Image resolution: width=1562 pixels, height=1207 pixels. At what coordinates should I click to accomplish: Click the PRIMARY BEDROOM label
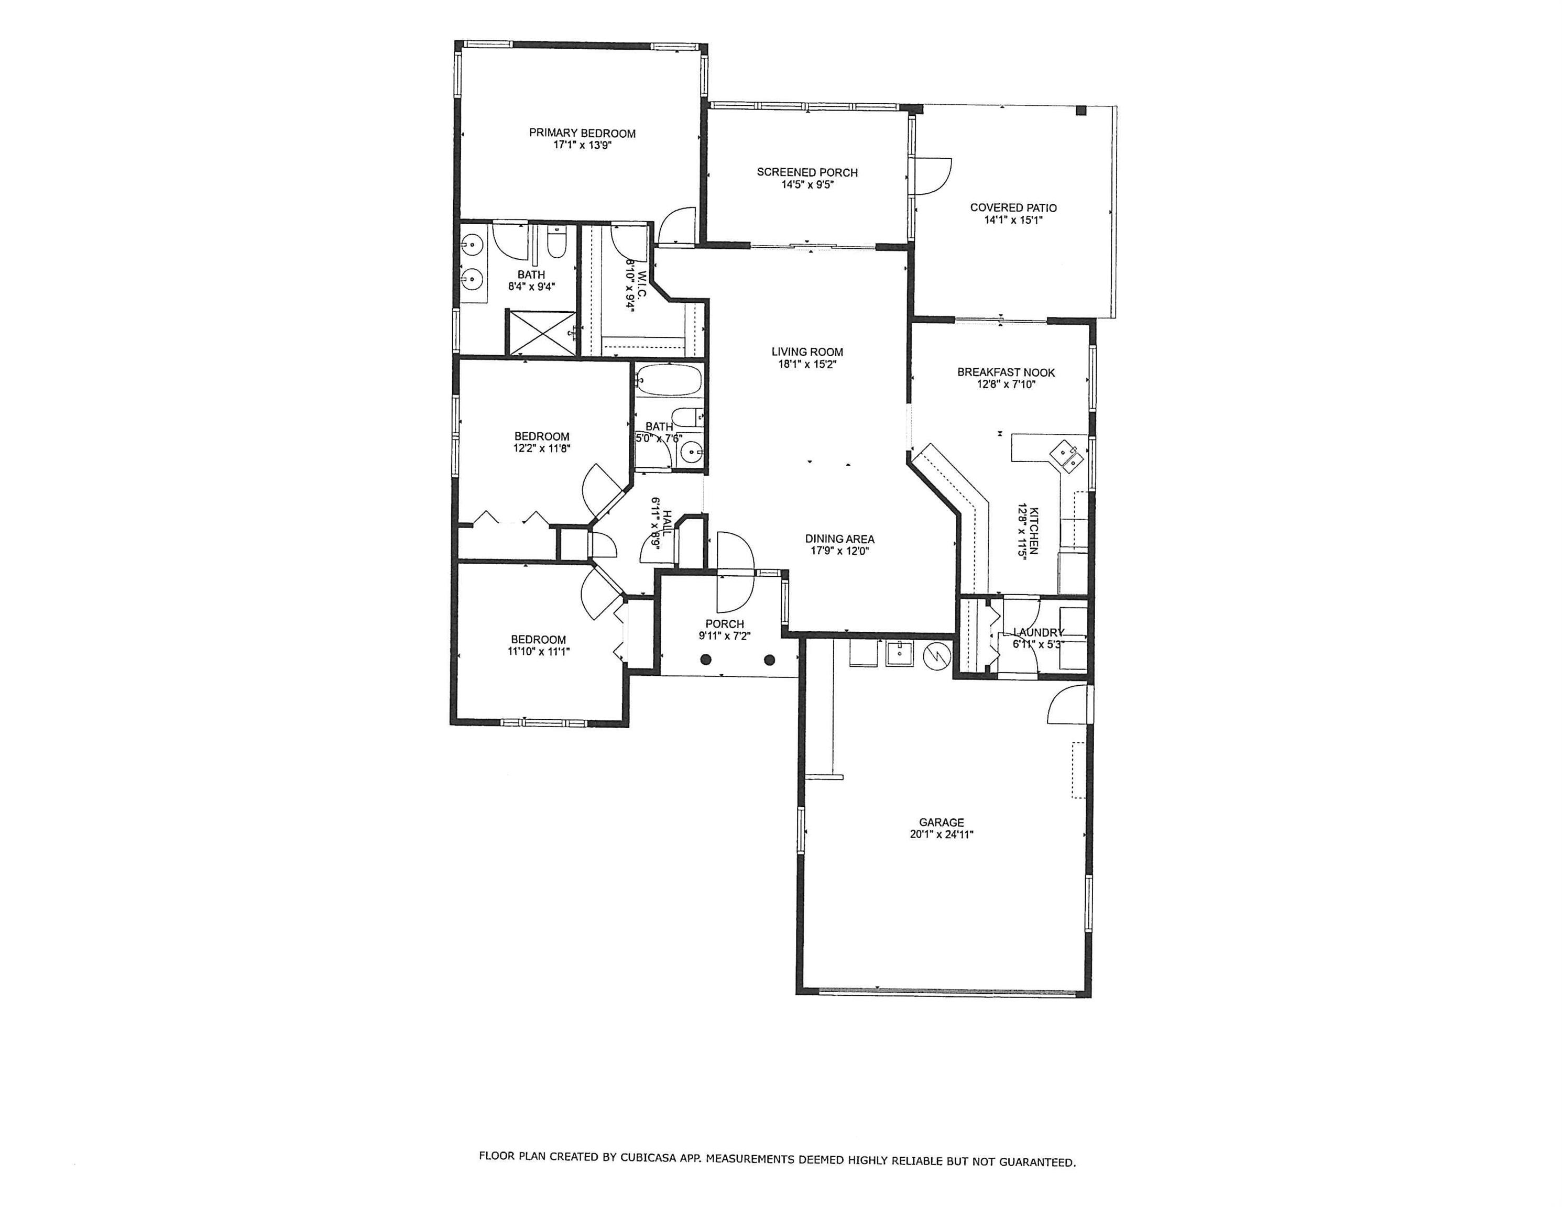[582, 133]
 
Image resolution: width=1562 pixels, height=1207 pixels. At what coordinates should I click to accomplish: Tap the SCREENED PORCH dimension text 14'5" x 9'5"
[807, 184]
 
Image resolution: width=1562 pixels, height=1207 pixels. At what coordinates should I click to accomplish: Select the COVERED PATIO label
[1013, 207]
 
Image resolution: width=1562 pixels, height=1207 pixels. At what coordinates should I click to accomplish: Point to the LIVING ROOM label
[807, 352]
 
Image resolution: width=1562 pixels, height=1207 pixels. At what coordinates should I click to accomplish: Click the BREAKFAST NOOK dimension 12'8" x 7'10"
[1006, 384]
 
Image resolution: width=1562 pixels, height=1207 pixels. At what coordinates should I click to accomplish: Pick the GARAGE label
[942, 822]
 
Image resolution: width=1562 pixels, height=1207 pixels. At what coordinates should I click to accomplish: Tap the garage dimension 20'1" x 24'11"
[942, 835]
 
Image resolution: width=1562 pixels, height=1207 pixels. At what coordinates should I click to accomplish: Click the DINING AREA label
[839, 539]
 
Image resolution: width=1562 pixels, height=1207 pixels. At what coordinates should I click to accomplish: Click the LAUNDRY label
[1039, 632]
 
